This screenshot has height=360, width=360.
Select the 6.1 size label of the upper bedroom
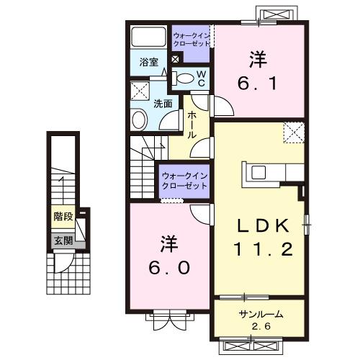coord(257,83)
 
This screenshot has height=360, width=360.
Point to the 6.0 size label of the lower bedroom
coord(170,267)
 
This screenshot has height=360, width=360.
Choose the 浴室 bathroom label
coord(150,63)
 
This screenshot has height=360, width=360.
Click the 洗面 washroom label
coord(163,103)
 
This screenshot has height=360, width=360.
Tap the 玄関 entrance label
coord(63,240)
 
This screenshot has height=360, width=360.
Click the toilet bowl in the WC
coord(185,78)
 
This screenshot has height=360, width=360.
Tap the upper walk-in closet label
coord(191,37)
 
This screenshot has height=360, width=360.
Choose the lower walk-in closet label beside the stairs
coord(184,180)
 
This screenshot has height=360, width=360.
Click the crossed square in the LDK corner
coord(292,132)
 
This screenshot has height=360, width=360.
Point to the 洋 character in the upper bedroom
coord(257,58)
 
